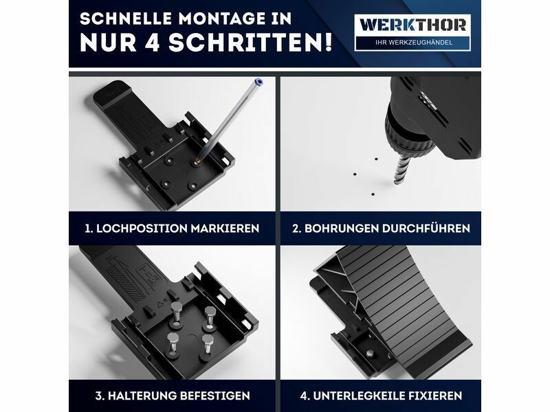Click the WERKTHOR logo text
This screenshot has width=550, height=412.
coord(412,25)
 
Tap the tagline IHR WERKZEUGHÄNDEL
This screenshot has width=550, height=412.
coord(414,43)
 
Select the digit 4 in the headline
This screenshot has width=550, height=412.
coord(153,43)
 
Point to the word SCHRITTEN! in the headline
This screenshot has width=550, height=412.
coord(250,43)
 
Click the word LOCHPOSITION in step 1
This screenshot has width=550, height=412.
coord(142,229)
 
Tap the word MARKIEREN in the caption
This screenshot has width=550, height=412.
coord(225,229)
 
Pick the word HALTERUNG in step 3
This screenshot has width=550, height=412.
coord(142,396)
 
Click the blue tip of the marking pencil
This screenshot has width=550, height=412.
coord(259,82)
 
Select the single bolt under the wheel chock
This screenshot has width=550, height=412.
coord(369,354)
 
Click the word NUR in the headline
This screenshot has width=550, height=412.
coord(108,43)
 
